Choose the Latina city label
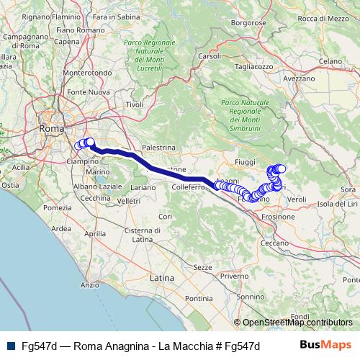click(162, 276)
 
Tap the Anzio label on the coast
click(90, 285)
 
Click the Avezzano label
click(299, 78)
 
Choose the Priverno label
click(234, 276)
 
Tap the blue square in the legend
click(9, 346)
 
